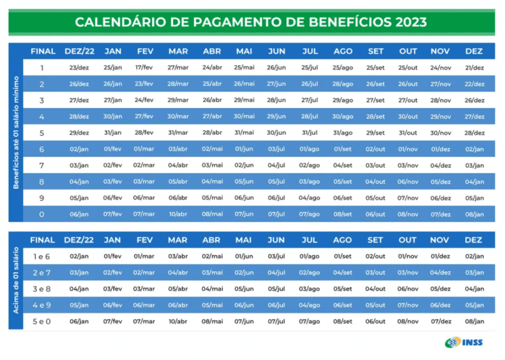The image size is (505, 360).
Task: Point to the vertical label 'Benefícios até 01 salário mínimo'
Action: pyautogui.click(x=17, y=132)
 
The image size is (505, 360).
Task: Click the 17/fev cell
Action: pyautogui.click(x=144, y=67)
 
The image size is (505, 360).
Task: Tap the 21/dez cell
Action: pyautogui.click(x=474, y=67)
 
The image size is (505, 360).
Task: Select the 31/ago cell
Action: pyautogui.click(x=342, y=132)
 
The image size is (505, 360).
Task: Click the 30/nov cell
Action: pyautogui.click(x=441, y=132)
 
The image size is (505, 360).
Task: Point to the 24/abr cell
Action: pyautogui.click(x=212, y=67)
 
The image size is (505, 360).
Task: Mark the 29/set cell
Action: pyautogui.click(x=376, y=132)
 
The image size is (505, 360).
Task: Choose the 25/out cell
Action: pyautogui.click(x=407, y=67)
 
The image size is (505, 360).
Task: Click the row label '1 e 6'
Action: pyautogui.click(x=42, y=256)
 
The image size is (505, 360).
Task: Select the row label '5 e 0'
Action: pyautogui.click(x=42, y=321)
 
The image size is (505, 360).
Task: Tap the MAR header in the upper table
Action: pyautogui.click(x=178, y=51)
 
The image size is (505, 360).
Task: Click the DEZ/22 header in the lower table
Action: pyautogui.click(x=79, y=239)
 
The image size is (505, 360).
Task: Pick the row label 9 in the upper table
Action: pyautogui.click(x=42, y=197)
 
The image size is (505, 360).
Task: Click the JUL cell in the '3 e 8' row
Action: pyautogui.click(x=309, y=288)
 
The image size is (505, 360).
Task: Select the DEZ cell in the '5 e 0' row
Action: pyautogui.click(x=474, y=321)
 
